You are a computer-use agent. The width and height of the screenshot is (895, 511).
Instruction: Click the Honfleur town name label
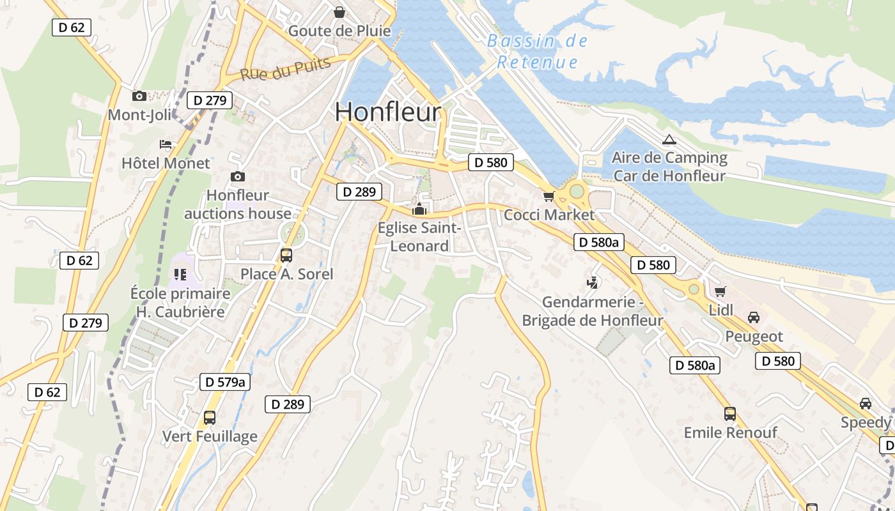(x=387, y=112)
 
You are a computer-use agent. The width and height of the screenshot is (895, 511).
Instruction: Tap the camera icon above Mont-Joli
(x=139, y=96)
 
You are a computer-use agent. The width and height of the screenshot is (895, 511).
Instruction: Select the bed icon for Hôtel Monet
(x=166, y=144)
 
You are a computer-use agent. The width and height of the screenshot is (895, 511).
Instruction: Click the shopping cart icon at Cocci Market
(x=549, y=196)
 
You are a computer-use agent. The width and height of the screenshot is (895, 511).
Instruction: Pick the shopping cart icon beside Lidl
(x=720, y=292)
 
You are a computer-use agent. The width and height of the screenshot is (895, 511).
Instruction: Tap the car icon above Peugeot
(x=754, y=317)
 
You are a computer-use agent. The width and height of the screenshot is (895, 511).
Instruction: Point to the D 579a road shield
(x=224, y=382)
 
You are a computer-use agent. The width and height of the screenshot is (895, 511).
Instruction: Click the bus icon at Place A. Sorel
(x=286, y=256)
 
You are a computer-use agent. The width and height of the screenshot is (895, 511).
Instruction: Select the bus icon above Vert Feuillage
(x=210, y=418)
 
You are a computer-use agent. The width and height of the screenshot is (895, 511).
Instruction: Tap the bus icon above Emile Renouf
(x=730, y=414)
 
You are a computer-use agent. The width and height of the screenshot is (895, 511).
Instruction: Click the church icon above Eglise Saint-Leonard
(x=419, y=208)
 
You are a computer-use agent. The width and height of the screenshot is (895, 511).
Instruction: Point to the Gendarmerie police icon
(x=593, y=282)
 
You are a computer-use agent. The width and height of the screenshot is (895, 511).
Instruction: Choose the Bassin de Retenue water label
(x=537, y=52)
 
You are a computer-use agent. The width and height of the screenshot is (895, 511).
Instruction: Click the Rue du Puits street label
(x=285, y=69)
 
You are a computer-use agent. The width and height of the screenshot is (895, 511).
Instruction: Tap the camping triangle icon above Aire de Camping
(x=669, y=139)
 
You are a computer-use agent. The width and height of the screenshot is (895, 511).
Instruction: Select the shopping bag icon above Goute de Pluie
(x=339, y=12)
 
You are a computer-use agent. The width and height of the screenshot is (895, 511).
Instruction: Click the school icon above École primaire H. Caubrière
(x=180, y=275)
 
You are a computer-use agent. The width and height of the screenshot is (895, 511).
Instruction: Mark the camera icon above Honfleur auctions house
(x=238, y=176)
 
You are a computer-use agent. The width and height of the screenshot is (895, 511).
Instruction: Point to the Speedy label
(x=865, y=422)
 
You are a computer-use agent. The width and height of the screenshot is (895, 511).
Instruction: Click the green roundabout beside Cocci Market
(x=577, y=190)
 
